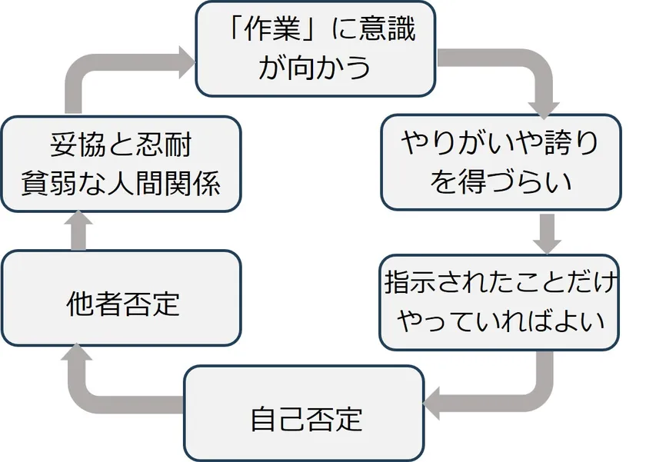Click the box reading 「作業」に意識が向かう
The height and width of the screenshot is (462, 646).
click(315, 48)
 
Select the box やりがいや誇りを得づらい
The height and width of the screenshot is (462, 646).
click(501, 162)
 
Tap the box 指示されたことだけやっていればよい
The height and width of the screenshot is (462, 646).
click(501, 302)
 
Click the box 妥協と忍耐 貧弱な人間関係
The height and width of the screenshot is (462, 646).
click(122, 164)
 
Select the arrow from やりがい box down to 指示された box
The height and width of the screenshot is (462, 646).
click(548, 232)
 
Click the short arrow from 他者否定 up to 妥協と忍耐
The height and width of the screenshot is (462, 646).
click(80, 231)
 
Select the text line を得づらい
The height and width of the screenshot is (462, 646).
click(501, 182)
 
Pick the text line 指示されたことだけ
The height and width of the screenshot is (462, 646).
click(501, 284)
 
